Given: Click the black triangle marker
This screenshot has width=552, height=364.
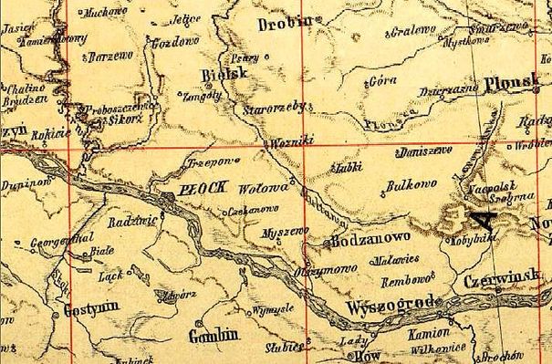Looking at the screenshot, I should pyautogui.click(x=478, y=217).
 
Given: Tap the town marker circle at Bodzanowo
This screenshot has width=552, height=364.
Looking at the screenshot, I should pyautogui.click(x=327, y=244).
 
